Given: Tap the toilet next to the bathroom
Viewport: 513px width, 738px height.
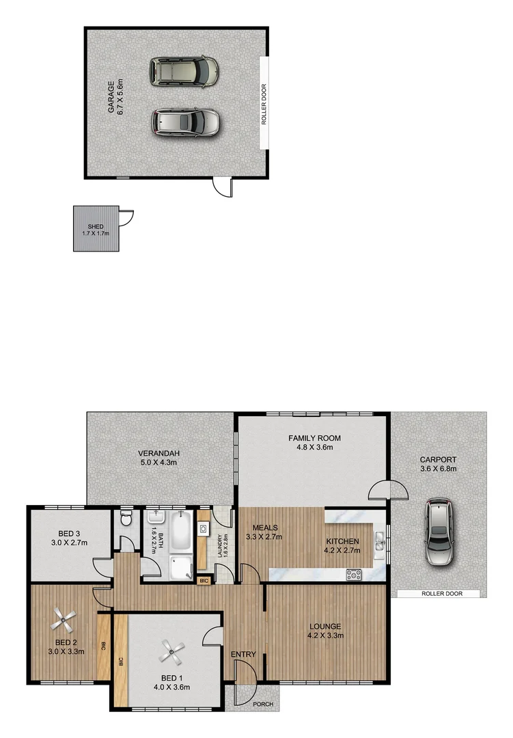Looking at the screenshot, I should (126, 521).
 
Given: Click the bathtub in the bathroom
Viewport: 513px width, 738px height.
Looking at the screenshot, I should (180, 532).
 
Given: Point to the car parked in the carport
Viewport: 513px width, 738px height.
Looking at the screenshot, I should (439, 532).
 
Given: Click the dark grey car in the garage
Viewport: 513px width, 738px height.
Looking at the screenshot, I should (186, 122).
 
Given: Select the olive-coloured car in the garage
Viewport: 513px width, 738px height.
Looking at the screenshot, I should (184, 70).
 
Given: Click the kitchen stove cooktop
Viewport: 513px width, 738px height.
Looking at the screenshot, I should (354, 575).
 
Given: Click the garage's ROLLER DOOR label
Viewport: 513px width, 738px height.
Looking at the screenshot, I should (264, 104).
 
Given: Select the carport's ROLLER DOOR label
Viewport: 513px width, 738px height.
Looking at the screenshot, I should (439, 594).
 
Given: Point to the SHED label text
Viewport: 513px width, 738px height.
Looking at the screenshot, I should (95, 226).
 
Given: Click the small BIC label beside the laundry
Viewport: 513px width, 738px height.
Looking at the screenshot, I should (204, 581).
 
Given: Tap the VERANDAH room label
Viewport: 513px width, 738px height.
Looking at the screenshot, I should (158, 453).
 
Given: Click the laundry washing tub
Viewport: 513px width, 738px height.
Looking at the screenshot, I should (203, 528).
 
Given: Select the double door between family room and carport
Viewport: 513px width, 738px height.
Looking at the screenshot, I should (387, 490).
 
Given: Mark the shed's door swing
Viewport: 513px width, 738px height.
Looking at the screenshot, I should (126, 218).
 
